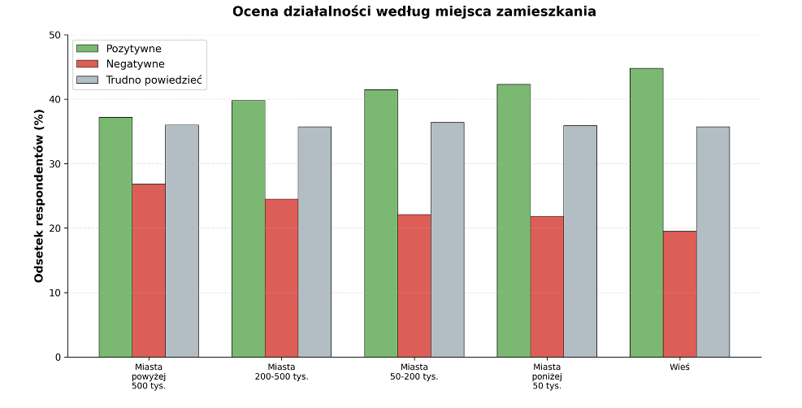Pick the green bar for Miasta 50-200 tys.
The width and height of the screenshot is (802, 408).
click(381, 224)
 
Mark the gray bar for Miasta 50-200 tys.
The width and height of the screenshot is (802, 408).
click(447, 240)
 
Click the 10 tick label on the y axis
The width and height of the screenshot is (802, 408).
click(54, 293)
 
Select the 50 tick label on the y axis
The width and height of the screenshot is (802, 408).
click(54, 36)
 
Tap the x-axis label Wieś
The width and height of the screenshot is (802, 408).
click(679, 367)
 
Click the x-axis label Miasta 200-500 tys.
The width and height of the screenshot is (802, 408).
click(281, 372)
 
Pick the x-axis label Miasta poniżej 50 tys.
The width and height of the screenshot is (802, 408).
click(547, 376)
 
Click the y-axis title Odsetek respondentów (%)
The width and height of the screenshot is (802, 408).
click(39, 196)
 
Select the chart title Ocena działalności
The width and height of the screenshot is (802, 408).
click(414, 11)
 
